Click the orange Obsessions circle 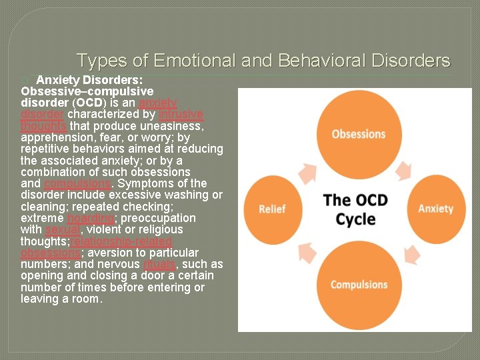(359, 134)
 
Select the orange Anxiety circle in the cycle (435, 209)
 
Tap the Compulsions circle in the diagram (359, 285)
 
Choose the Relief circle (273, 209)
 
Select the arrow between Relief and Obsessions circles (307, 172)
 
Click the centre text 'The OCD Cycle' (355, 209)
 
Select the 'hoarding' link (90, 218)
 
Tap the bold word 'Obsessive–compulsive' (87, 91)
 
